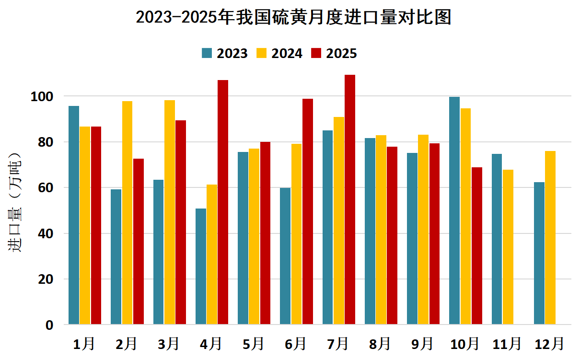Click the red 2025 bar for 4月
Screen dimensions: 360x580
tap(223, 202)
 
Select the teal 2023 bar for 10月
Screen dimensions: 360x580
tap(454, 211)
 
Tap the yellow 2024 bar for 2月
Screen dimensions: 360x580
tap(128, 213)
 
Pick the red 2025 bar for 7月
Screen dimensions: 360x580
tap(350, 200)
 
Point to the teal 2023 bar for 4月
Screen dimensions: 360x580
tap(201, 267)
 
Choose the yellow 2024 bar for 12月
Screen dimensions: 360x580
tap(550, 238)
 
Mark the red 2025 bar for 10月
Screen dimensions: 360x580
tap(477, 246)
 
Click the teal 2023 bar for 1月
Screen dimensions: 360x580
tap(74, 215)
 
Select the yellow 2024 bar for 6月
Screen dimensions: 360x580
tap(297, 234)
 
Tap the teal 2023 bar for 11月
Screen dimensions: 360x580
tap(497, 239)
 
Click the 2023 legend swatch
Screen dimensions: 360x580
tap(207, 53)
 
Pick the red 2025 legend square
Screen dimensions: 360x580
tap(316, 53)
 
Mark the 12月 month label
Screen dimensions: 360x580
tap(549, 344)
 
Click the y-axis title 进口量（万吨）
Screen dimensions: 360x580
tap(15, 202)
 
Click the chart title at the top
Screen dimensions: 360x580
tap(293, 18)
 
